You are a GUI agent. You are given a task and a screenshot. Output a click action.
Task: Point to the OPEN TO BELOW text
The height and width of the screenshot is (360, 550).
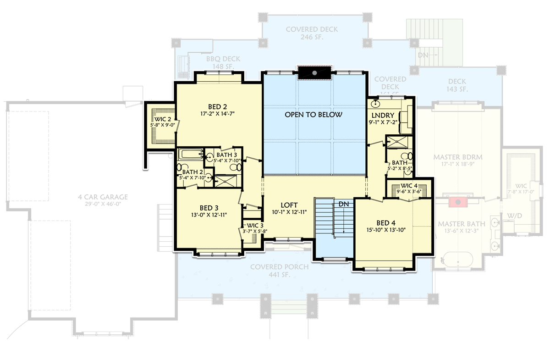click(x=313, y=115)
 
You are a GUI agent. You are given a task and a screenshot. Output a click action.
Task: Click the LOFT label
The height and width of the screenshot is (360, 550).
click(x=289, y=205)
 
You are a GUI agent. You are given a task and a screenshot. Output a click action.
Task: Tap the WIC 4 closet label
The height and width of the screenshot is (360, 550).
click(x=408, y=186)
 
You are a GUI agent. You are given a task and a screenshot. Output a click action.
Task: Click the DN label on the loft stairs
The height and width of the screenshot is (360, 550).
click(x=343, y=203)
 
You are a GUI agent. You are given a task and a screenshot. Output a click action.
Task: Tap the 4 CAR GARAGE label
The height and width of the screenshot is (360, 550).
click(x=102, y=197)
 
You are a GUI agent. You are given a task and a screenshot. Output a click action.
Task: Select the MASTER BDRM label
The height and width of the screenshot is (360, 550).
click(x=457, y=157)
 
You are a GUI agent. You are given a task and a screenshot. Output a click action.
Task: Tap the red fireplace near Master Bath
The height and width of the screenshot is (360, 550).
click(x=457, y=201)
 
